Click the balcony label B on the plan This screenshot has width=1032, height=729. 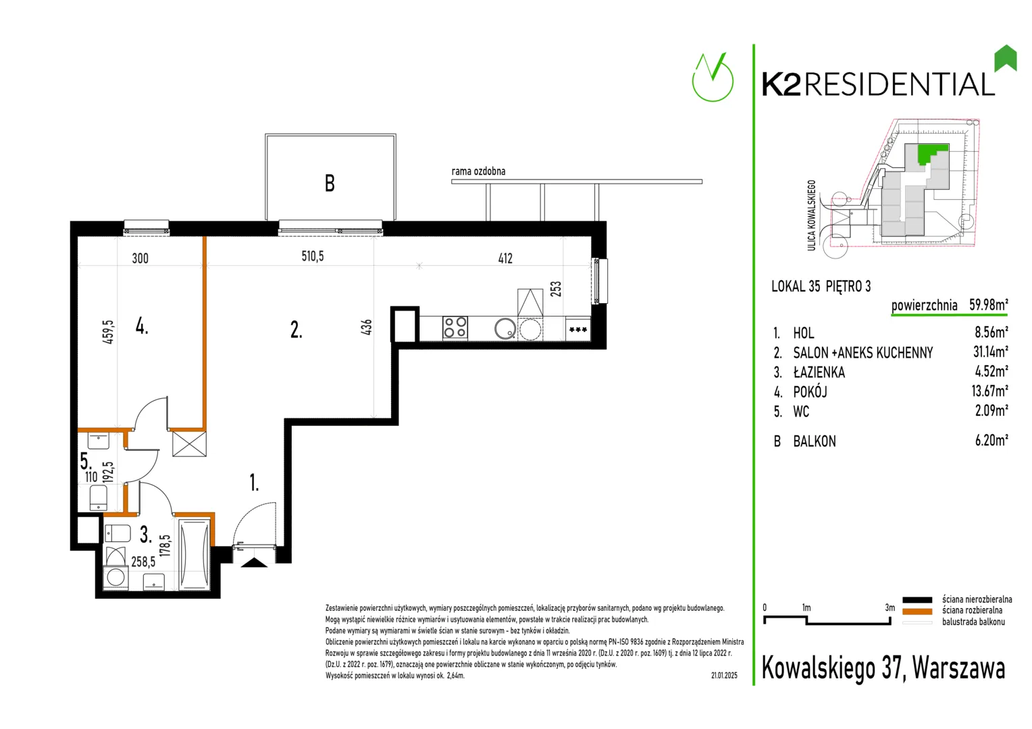(330, 183)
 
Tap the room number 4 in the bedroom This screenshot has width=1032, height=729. (141, 327)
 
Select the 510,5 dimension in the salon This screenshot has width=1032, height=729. (313, 256)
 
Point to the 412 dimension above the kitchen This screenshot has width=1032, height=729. (505, 259)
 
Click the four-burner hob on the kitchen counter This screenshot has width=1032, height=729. (455, 327)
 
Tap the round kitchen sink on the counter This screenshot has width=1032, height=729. (505, 328)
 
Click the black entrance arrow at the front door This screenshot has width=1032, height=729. (255, 562)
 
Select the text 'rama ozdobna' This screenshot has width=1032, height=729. (478, 171)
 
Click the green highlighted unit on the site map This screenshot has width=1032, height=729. (931, 153)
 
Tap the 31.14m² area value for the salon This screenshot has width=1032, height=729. (990, 352)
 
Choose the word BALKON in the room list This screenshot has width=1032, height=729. (814, 441)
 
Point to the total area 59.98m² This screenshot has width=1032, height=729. (988, 304)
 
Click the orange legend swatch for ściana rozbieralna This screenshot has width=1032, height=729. (917, 611)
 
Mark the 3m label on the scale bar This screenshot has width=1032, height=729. (889, 607)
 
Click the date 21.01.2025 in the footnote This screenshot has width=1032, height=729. (724, 676)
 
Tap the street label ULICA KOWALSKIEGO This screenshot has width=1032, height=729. (811, 215)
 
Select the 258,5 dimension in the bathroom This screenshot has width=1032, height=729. (143, 562)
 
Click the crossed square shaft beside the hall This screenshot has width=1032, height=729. (189, 443)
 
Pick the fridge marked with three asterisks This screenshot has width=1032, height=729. (577, 329)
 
